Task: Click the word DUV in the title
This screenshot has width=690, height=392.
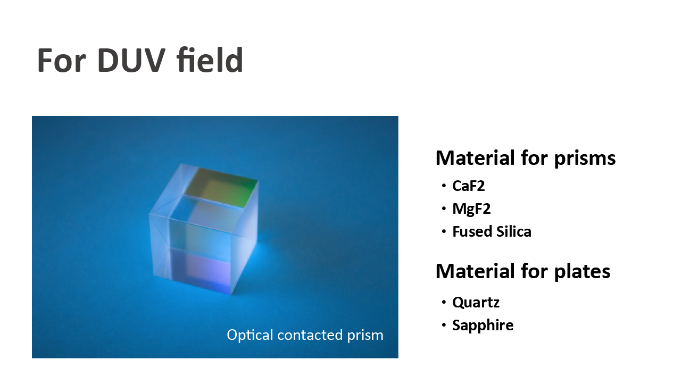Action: (131, 60)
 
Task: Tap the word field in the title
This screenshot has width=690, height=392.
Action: (210, 60)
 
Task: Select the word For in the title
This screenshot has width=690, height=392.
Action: (61, 60)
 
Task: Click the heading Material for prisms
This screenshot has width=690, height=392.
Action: (526, 159)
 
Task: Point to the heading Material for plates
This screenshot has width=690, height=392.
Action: (523, 271)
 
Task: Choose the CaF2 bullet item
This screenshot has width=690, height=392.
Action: (468, 186)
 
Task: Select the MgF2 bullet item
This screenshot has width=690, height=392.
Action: (471, 210)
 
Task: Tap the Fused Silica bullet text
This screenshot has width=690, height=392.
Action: (492, 232)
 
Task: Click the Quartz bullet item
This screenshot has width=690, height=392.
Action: (476, 303)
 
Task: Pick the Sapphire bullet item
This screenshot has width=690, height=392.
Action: (483, 326)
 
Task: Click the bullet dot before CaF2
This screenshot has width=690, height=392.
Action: (444, 186)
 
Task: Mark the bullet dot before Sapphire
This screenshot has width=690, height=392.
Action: (444, 325)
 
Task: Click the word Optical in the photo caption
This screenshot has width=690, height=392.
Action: (250, 335)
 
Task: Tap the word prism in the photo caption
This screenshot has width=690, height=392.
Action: (365, 336)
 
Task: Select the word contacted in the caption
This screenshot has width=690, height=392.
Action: (310, 335)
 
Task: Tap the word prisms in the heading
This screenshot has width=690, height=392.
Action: (585, 159)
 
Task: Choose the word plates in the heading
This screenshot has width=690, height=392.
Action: (582, 272)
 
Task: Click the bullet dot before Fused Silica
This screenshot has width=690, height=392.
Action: (444, 231)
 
